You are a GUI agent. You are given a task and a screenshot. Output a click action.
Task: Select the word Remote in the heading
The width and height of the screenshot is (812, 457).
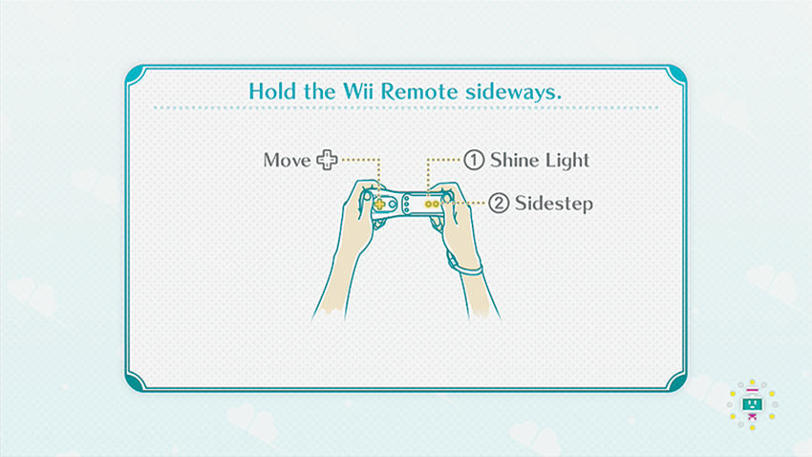[419, 91]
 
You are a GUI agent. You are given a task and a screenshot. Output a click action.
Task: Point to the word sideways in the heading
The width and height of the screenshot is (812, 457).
[513, 92]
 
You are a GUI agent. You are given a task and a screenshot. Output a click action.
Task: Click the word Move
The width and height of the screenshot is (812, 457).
[287, 160]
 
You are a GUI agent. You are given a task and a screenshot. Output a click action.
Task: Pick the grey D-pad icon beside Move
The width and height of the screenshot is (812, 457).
[327, 160]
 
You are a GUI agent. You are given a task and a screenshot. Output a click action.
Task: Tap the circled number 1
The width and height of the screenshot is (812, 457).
[474, 160]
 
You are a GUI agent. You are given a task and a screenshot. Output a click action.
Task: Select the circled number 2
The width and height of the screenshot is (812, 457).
[499, 203]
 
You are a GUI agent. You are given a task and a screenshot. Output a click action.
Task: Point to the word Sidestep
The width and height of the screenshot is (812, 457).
[553, 204]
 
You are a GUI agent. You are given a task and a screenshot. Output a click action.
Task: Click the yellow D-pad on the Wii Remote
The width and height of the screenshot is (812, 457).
[379, 205]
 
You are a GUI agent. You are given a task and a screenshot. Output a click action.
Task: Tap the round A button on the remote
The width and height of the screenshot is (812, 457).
[392, 205]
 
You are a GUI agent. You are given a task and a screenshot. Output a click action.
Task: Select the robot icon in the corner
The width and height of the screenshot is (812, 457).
[752, 404]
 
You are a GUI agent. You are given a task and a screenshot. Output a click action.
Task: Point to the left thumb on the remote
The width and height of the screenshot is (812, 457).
[367, 197]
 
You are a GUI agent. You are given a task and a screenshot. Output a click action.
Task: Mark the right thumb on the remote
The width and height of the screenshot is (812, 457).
[446, 197]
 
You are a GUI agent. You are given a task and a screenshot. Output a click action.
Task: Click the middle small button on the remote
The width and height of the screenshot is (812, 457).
[407, 205]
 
